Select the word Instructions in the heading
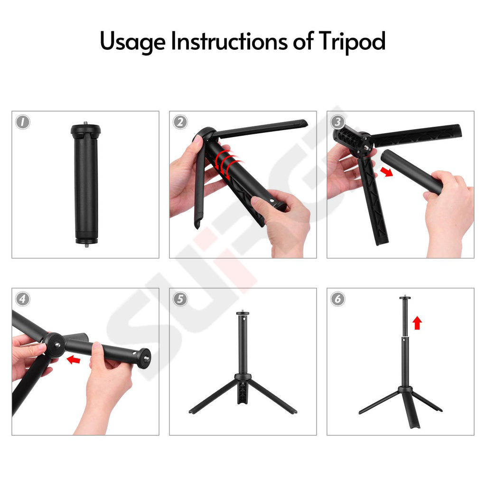[229, 41]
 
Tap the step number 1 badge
[23, 122]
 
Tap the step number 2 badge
[180, 122]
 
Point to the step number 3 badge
[337, 122]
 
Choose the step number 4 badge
[23, 299]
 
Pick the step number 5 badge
[180, 299]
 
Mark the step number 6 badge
[337, 299]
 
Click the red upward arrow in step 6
[417, 323]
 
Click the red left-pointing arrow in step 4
[74, 360]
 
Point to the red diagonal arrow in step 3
[386, 171]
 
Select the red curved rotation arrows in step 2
[225, 164]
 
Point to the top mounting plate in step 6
[405, 298]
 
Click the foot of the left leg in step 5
[192, 412]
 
